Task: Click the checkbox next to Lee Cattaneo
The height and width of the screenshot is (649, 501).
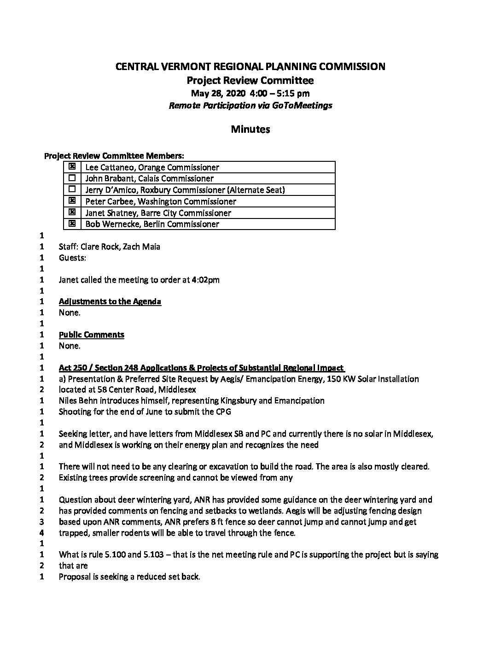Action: pos(72,167)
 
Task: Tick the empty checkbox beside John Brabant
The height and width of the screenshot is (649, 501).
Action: pos(72,178)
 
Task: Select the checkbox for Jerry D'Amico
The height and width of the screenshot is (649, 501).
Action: pos(72,189)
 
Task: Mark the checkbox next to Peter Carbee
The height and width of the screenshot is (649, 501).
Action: pos(72,201)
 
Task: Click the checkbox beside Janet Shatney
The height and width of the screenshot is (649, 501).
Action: pos(72,212)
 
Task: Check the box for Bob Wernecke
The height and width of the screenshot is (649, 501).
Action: pos(72,224)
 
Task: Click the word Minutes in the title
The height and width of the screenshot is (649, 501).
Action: pos(250,129)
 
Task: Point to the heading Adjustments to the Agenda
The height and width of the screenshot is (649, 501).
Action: pos(110,301)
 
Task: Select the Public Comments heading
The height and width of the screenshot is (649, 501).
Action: pos(92,335)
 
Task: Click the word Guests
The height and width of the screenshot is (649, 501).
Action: pos(72,258)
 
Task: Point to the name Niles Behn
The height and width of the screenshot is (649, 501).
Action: pos(78,401)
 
